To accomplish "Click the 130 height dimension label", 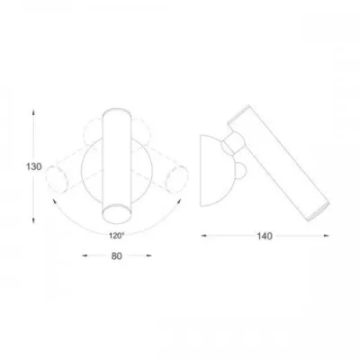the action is (x=33, y=166).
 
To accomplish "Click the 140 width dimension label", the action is (x=265, y=236).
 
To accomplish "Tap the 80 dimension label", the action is (x=117, y=256).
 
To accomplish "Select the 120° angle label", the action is (x=116, y=236).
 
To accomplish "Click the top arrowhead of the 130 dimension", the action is (x=33, y=112).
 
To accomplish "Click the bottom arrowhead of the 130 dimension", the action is (x=33, y=220).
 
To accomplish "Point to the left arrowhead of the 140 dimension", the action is (x=204, y=236).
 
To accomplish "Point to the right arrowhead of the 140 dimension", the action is (x=326, y=236).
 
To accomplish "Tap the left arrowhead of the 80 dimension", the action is (x=85, y=256).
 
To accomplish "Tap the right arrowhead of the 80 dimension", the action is (x=148, y=256).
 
